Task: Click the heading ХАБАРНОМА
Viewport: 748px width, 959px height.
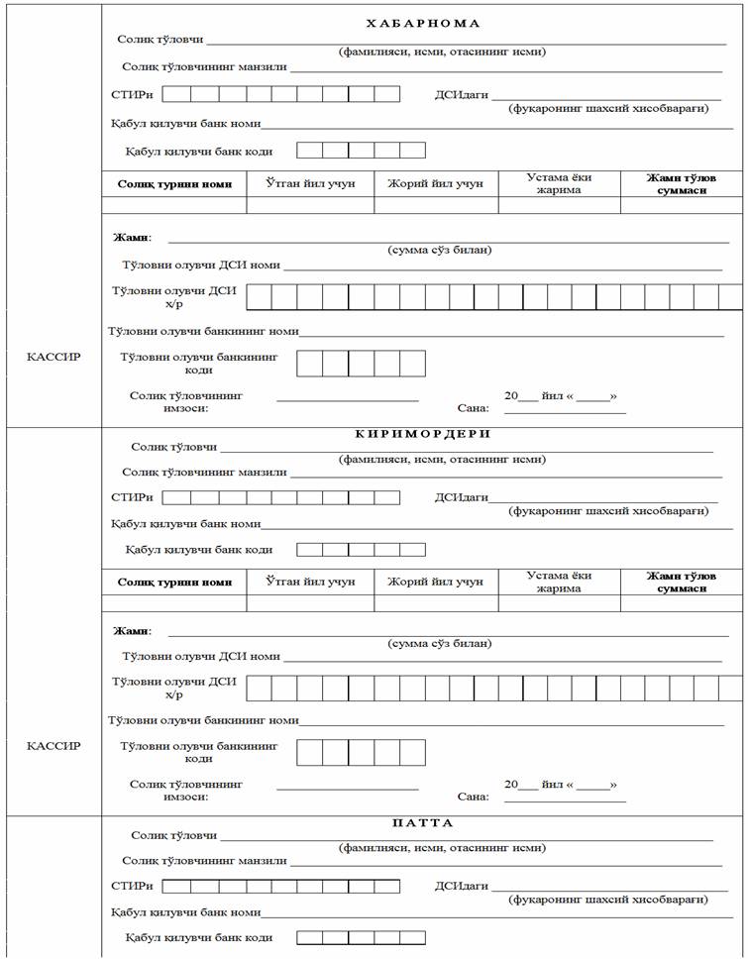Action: point(422,23)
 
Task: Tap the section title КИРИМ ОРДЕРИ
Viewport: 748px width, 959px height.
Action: point(423,434)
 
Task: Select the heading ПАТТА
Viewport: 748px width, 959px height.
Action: point(422,823)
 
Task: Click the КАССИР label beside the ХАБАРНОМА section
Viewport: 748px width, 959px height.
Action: point(53,357)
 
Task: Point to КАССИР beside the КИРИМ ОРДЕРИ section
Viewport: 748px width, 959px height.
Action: point(53,746)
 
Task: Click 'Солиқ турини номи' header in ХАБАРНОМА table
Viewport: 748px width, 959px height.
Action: point(174,184)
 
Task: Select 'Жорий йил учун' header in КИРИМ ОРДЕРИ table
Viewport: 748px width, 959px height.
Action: point(435,582)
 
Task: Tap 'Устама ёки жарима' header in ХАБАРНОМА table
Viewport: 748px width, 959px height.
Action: point(560,184)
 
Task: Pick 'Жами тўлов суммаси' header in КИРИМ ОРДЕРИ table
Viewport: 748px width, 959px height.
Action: point(682,582)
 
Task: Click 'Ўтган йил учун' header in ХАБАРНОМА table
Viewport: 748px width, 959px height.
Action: point(309,183)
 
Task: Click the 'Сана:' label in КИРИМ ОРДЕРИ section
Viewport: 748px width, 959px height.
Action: point(474,796)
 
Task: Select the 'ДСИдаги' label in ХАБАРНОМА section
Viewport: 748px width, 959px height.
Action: point(462,95)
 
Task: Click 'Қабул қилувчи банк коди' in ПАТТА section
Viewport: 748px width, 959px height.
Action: point(198,937)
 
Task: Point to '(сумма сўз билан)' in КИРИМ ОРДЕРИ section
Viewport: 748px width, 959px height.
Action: point(439,643)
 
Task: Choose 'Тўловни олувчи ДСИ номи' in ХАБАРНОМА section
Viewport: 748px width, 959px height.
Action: point(201,266)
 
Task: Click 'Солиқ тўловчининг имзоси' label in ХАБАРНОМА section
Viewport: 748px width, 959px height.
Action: point(186,401)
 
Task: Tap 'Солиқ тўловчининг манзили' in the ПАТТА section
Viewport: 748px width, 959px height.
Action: point(204,861)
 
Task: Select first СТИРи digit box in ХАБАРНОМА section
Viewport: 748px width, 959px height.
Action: point(176,95)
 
